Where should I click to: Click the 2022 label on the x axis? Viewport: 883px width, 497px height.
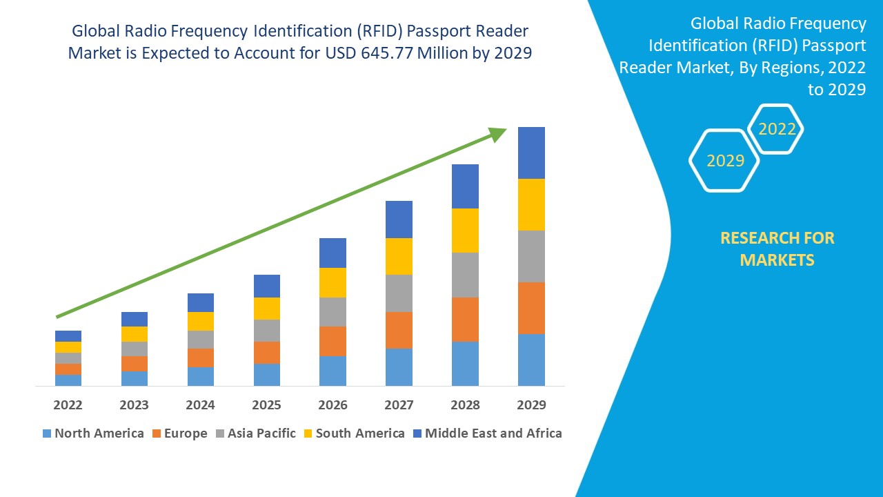(68, 405)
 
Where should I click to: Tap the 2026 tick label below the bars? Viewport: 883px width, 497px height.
(333, 405)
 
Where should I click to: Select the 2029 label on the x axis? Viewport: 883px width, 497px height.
(531, 405)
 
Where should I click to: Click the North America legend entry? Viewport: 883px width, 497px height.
(92, 433)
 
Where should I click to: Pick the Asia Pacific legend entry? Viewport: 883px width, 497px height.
(256, 433)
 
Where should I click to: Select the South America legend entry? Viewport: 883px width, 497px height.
(353, 433)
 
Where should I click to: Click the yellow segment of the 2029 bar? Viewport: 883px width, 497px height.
(531, 204)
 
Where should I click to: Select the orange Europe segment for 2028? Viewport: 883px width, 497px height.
(465, 319)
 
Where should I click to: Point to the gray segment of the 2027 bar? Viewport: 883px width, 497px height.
(399, 293)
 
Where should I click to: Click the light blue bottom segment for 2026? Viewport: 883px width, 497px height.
(333, 371)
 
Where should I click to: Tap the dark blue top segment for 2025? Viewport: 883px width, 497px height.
(267, 286)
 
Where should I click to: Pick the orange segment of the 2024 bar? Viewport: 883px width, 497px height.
(201, 358)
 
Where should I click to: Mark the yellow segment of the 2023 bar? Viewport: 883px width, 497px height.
(135, 334)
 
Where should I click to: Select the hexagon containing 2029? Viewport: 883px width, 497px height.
(724, 160)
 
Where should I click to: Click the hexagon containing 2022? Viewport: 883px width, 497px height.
(777, 129)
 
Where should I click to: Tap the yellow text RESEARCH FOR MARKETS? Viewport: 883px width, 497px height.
(777, 248)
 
